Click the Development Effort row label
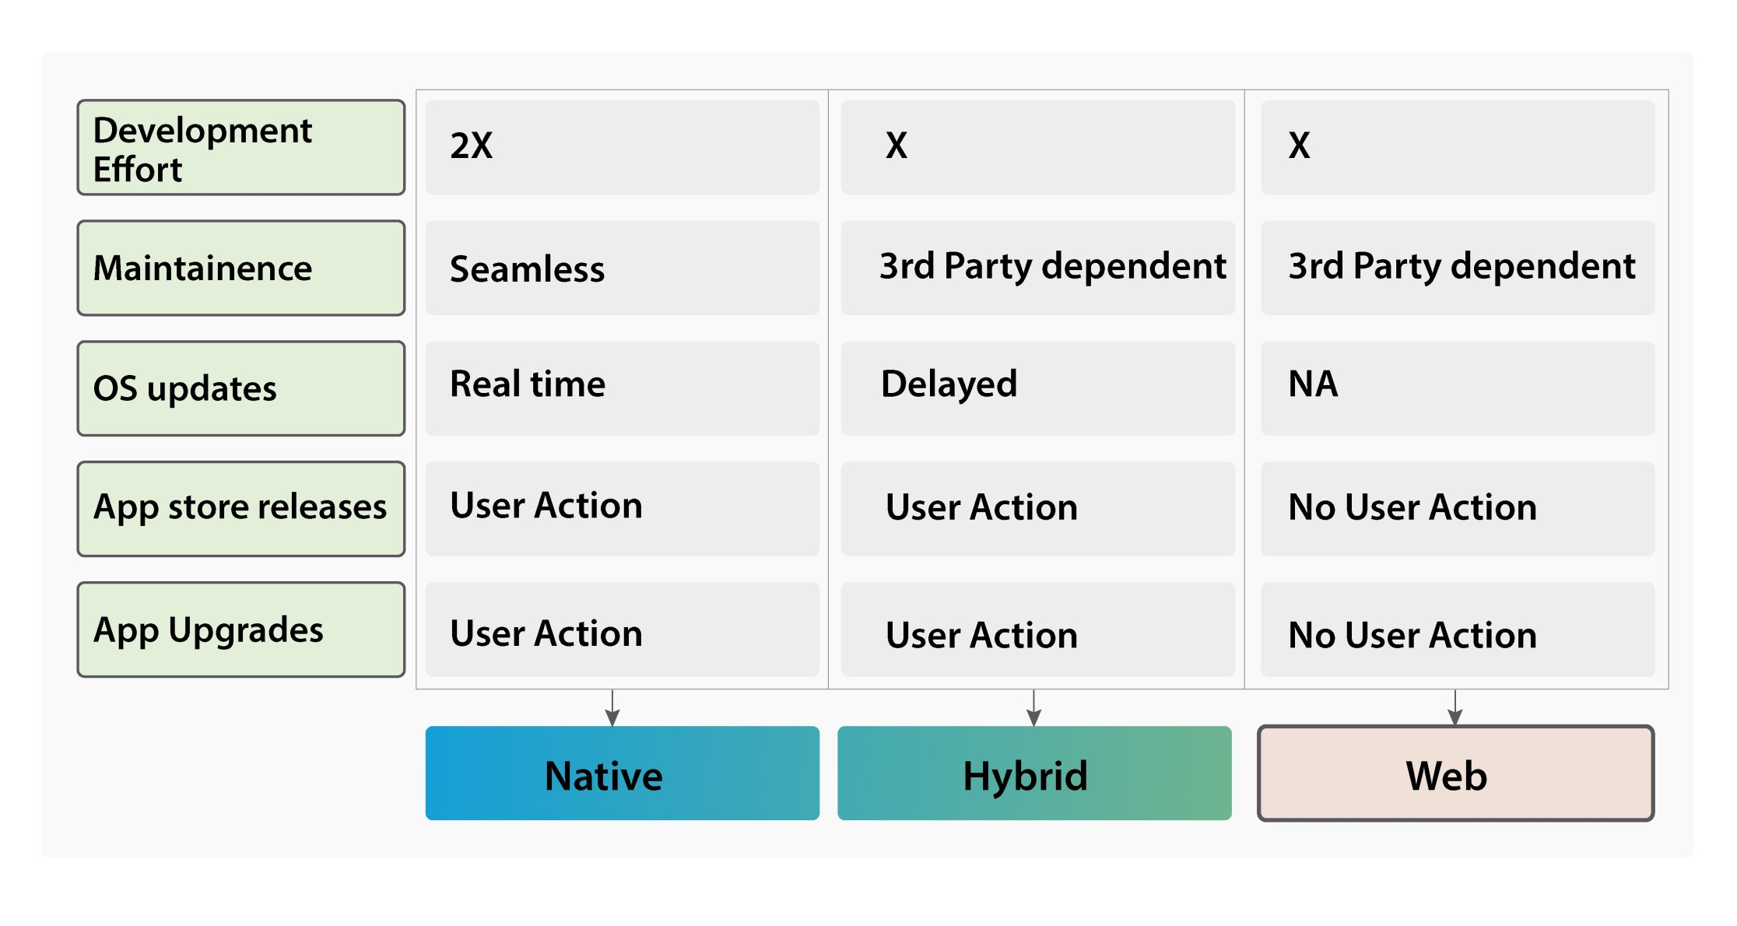pos(241,147)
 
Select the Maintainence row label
pos(241,268)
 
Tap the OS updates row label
pos(241,388)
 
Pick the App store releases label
pos(241,509)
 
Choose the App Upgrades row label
pos(241,630)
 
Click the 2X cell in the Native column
pos(623,147)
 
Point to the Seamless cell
pos(623,268)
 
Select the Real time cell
pos(623,388)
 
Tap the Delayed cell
pos(1038,388)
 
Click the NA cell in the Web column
pos(1458,388)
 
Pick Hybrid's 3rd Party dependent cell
pos(1038,268)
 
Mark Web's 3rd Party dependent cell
pos(1458,268)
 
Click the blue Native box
pos(623,773)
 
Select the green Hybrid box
pos(1034,773)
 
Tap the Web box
pos(1456,773)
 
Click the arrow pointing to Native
pos(612,707)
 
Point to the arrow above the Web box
pos(1455,707)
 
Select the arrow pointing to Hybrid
pos(1033,707)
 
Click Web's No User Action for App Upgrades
pos(1458,630)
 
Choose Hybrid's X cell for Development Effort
pos(1038,147)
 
